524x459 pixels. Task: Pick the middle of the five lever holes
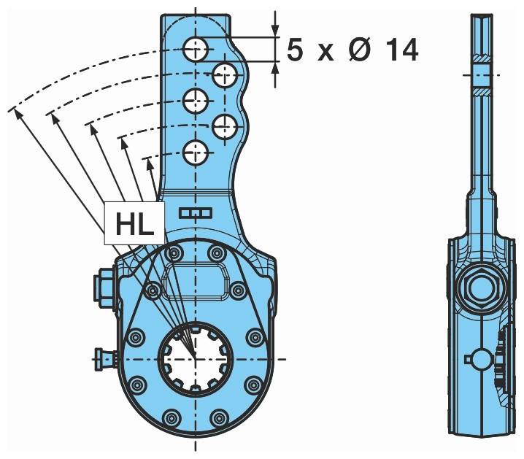(x=196, y=100)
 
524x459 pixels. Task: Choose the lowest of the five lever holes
(x=196, y=153)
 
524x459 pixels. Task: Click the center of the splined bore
(x=195, y=358)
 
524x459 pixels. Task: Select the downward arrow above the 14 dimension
(x=275, y=30)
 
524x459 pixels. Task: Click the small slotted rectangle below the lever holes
(x=195, y=212)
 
